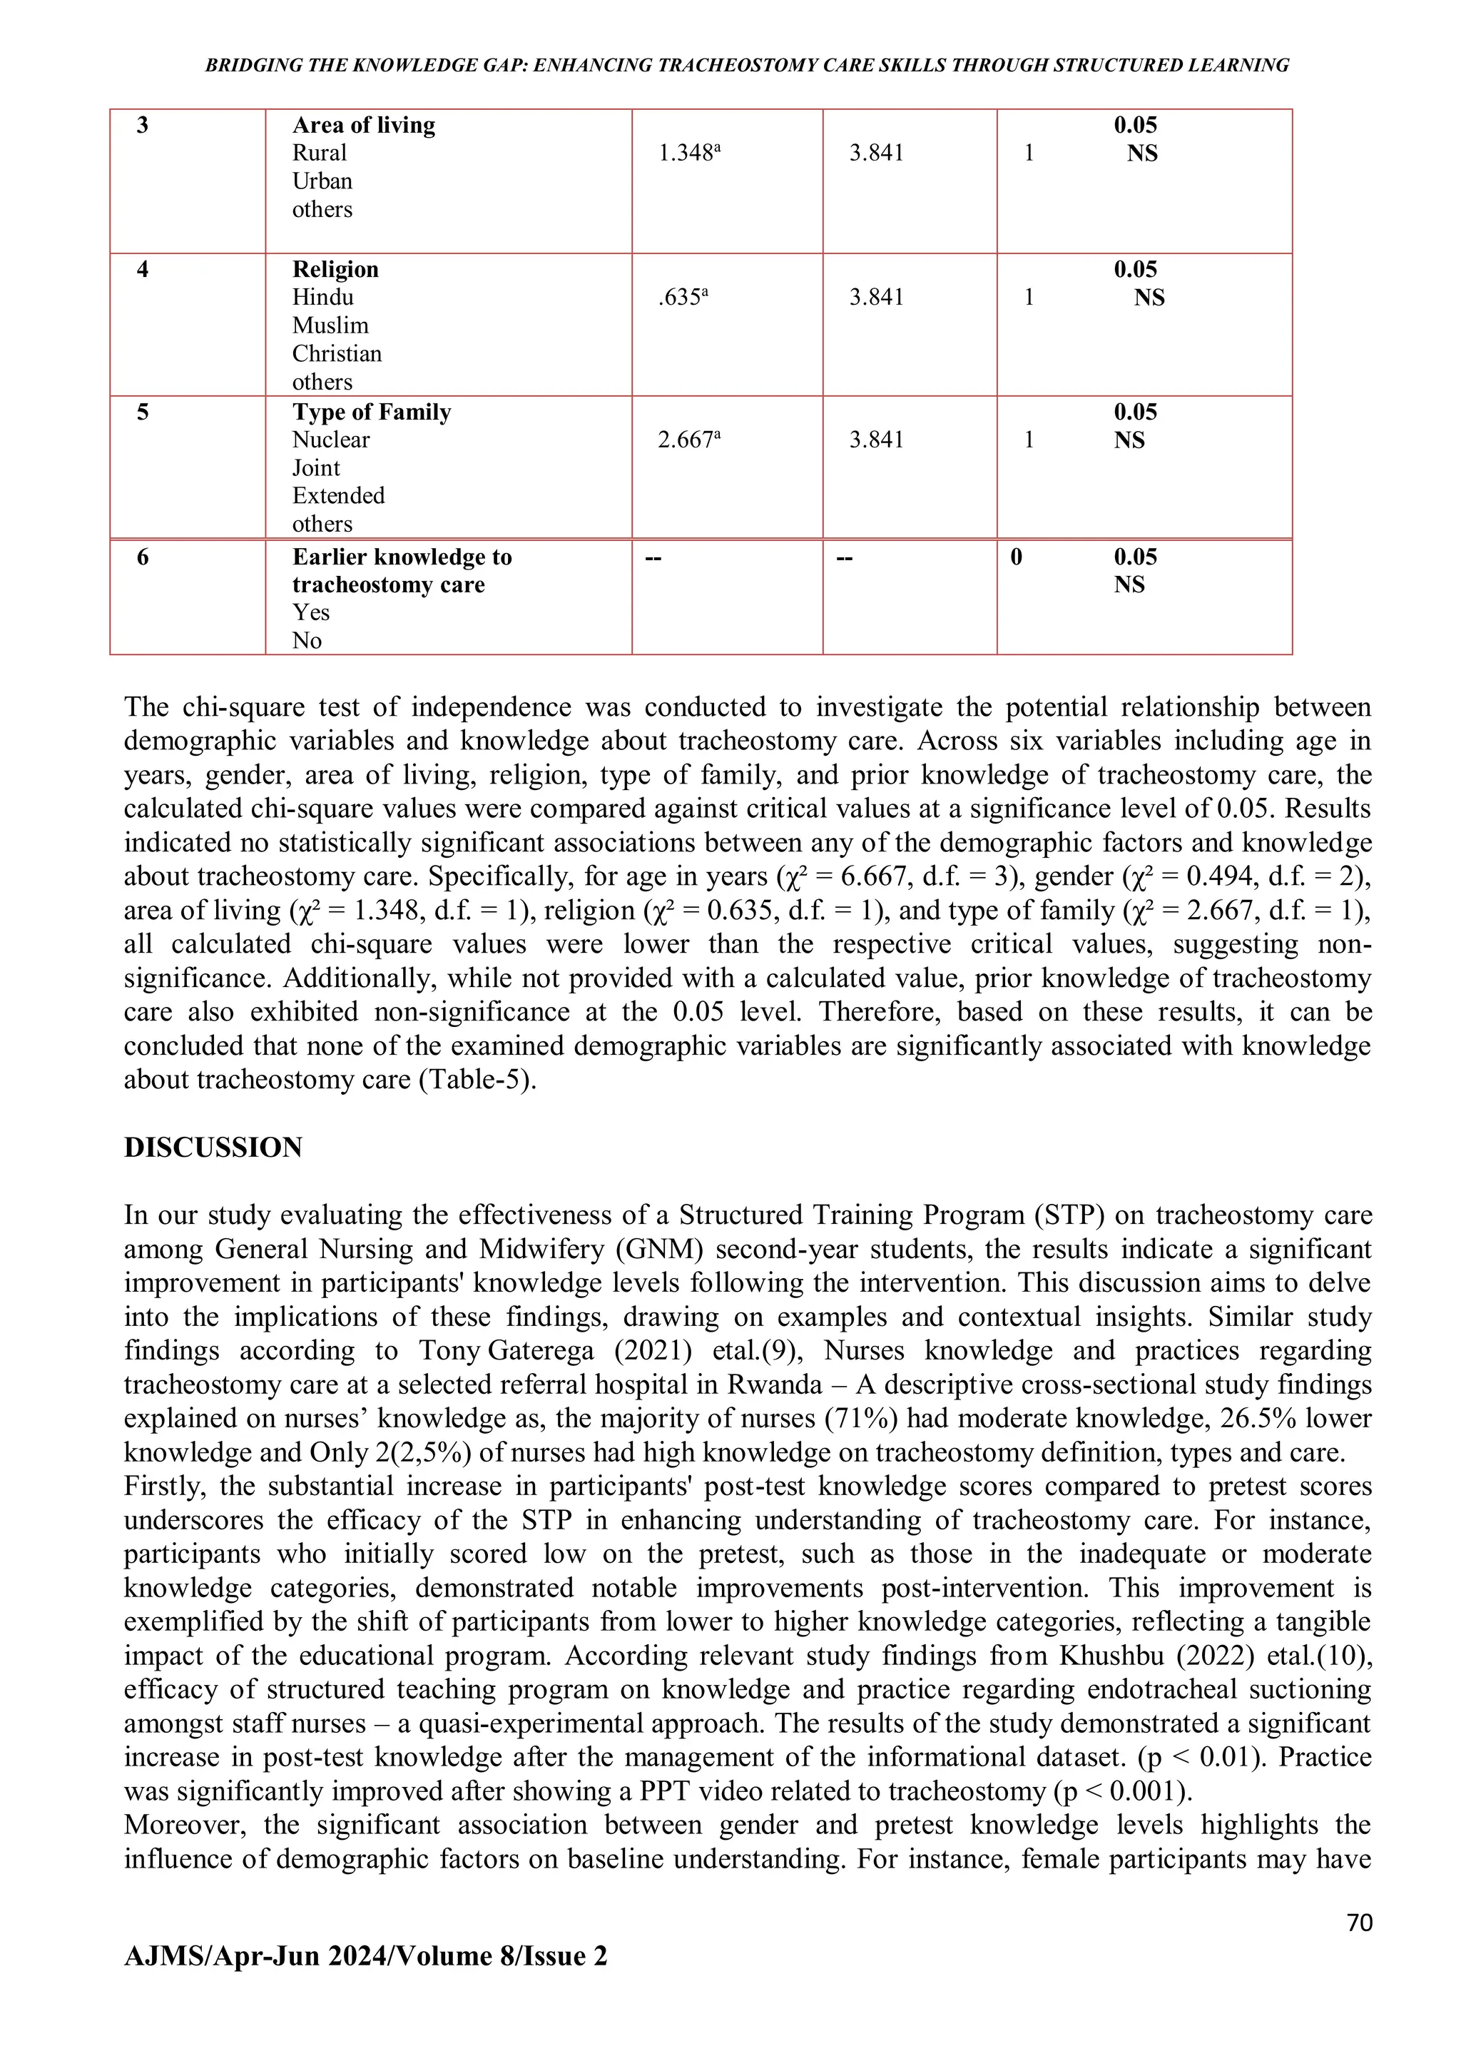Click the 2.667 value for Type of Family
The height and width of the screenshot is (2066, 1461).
click(x=688, y=440)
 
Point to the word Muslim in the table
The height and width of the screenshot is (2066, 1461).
click(x=330, y=325)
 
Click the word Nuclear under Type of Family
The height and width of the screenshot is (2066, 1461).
click(x=330, y=440)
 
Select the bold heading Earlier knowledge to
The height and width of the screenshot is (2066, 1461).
click(x=401, y=557)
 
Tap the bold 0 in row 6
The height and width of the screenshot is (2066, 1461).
click(x=1016, y=557)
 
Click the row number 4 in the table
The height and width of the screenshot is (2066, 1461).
click(x=142, y=269)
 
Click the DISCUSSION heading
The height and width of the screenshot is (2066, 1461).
click(x=213, y=1148)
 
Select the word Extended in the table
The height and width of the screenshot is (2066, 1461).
click(x=338, y=496)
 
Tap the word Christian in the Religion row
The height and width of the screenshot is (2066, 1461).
click(x=337, y=354)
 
